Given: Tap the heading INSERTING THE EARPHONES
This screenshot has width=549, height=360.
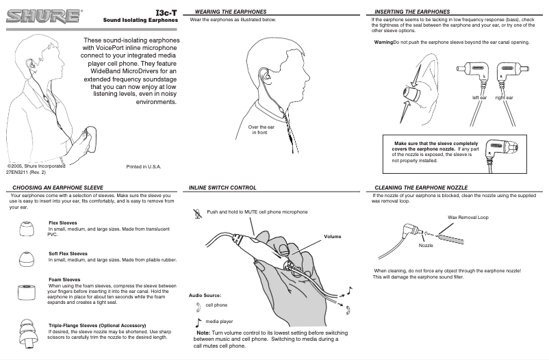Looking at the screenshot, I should coord(410,12).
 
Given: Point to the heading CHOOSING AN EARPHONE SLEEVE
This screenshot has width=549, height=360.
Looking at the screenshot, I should coord(58,187).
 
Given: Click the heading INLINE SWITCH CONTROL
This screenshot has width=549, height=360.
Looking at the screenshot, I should coord(222,187).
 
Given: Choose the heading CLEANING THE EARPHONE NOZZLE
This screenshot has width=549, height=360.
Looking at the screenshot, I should coord(421,187).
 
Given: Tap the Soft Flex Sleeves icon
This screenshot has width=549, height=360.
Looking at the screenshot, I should coord(25,259).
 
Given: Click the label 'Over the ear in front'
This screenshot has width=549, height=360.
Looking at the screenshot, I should coord(261,130).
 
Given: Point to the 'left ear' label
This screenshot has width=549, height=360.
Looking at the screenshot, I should coord(479,98).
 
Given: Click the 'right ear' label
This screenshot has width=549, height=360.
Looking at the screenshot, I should coord(505,98).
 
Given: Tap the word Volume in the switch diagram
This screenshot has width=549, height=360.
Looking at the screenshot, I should coord(332,236).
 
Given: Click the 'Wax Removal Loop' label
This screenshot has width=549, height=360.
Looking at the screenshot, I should coord(468,217).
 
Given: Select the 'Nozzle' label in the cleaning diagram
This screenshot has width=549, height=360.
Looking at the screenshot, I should coord(426,244).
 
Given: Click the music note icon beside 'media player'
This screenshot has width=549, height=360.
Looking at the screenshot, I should coord(199,321).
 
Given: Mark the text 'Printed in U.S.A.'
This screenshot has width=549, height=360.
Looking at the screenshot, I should coord(144,166).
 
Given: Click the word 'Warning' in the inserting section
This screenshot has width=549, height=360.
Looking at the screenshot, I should coord(383,43).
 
